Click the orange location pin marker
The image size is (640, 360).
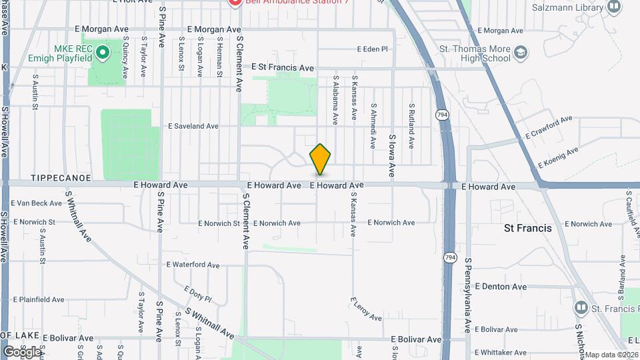320,159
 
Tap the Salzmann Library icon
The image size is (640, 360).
614,7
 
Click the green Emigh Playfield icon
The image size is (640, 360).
102,51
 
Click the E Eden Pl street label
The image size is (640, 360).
372,49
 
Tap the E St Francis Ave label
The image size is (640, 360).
282,68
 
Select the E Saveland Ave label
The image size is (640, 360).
193,125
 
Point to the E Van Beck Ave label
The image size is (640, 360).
37,203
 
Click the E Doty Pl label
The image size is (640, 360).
197,295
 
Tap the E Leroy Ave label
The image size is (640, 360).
365,309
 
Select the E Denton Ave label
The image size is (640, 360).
500,287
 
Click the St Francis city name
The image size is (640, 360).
527,228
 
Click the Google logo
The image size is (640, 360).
21,351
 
